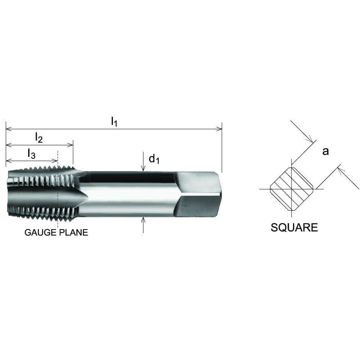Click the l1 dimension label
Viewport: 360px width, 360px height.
coord(114,122)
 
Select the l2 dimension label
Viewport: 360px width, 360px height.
coord(39,137)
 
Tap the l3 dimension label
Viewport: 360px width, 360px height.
coord(31,153)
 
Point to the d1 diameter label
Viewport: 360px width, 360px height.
coord(154,158)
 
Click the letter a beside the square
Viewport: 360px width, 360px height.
coord(326,151)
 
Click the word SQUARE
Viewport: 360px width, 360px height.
coord(294,228)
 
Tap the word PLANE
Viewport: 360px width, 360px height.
coord(74,233)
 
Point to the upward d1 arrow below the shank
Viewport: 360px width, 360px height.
coord(143,220)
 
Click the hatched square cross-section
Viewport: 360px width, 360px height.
coord(292,189)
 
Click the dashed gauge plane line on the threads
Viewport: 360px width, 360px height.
coord(57,191)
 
